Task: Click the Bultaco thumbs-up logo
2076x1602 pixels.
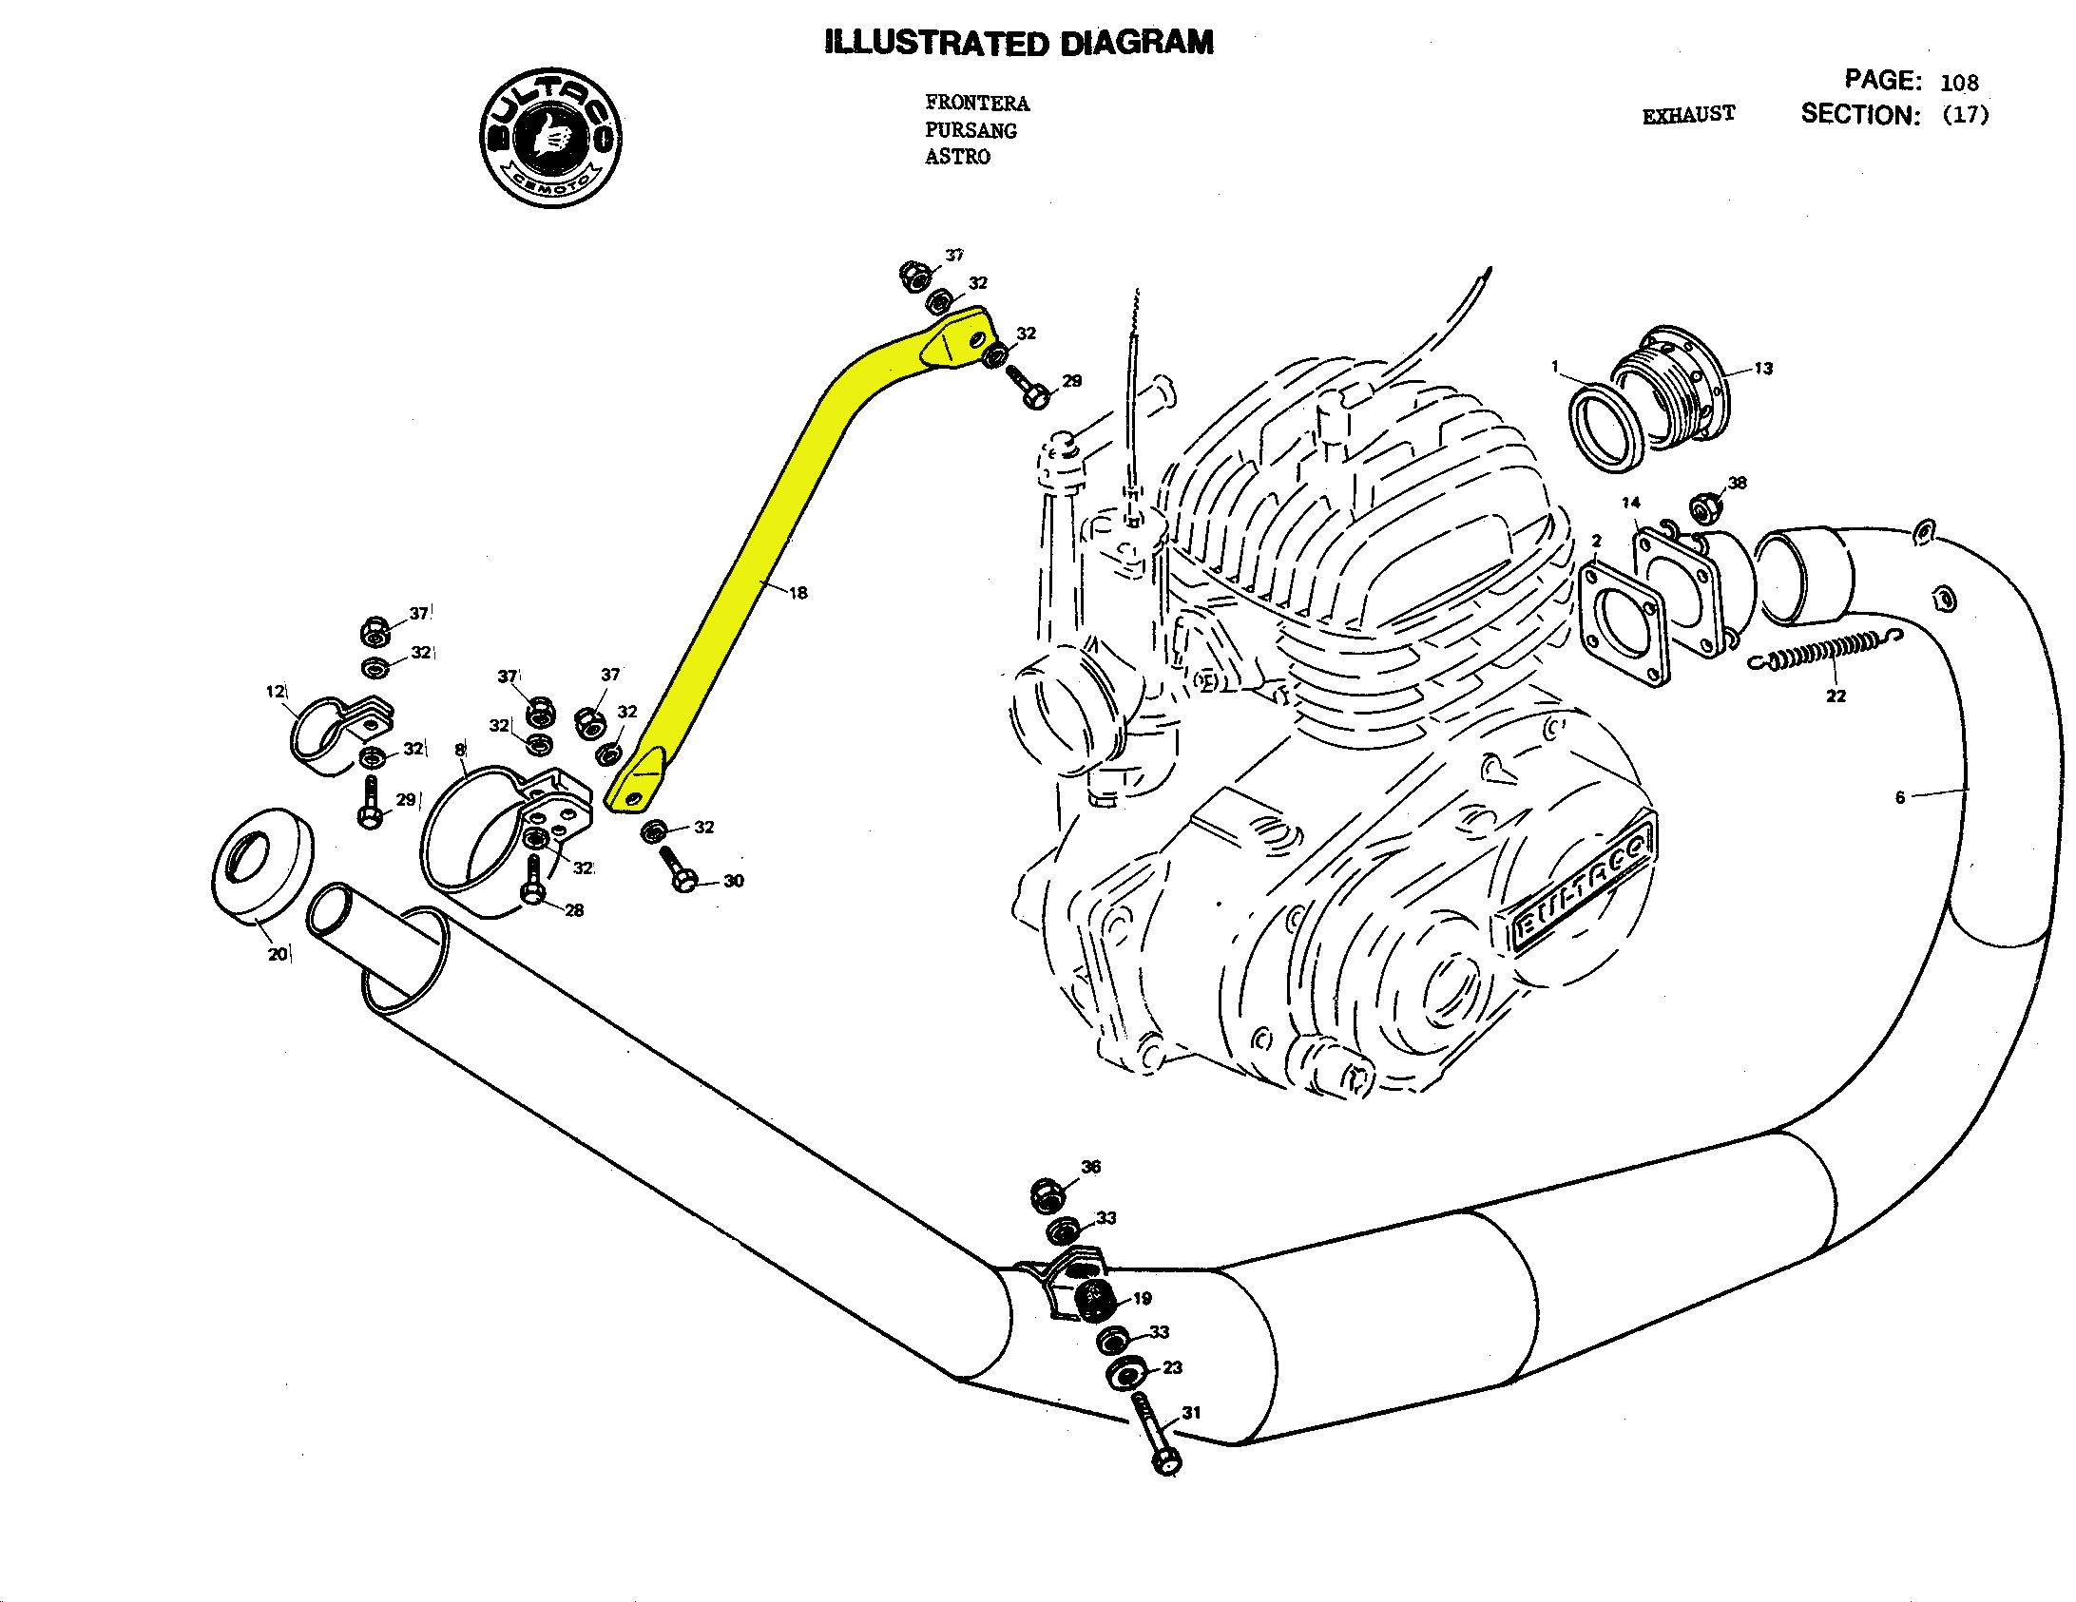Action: point(551,138)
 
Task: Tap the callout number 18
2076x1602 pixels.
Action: point(798,593)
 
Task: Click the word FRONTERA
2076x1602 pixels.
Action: point(977,103)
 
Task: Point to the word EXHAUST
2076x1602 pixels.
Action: point(1688,115)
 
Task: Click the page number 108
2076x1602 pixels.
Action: point(1959,83)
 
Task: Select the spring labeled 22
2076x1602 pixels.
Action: point(1825,652)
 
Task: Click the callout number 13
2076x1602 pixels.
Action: point(1763,369)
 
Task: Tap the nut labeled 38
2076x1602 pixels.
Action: point(1705,508)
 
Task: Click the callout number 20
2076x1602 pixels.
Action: point(278,954)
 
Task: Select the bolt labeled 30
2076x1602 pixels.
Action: point(678,868)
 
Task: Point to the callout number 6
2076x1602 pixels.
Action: point(1900,797)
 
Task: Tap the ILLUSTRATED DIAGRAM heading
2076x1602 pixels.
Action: point(1019,43)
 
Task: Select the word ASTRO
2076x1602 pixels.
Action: point(957,157)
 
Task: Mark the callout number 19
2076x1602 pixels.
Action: point(1143,1298)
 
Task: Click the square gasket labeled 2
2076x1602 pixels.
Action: point(1624,623)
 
